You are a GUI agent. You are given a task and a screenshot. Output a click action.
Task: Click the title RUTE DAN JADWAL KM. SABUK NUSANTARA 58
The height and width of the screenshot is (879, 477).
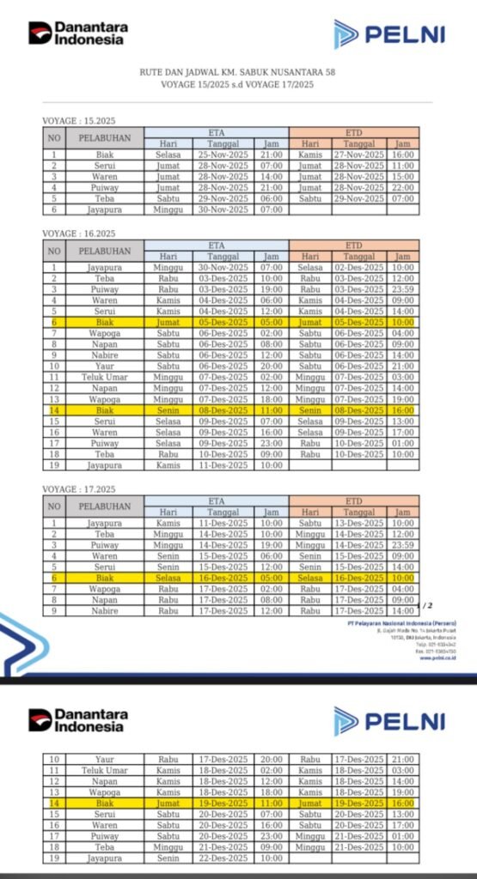click(238, 75)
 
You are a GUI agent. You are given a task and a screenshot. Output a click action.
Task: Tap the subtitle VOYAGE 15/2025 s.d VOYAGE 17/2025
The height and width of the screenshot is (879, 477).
click(238, 87)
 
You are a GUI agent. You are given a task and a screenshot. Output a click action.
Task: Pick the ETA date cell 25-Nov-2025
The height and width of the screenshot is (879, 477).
click(217, 155)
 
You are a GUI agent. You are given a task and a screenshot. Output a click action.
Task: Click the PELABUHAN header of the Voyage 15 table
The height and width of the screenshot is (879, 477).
click(105, 138)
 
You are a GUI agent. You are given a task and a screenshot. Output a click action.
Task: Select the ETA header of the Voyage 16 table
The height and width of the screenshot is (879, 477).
click(217, 245)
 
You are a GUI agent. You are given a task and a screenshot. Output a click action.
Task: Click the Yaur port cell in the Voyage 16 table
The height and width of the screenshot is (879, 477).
click(105, 365)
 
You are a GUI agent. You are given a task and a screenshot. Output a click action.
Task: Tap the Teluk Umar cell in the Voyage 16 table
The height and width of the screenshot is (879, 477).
click(105, 376)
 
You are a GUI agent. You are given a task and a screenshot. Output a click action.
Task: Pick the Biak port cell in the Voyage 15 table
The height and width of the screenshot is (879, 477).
click(105, 155)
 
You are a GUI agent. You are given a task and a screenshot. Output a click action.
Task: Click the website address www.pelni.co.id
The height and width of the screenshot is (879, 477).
click(437, 658)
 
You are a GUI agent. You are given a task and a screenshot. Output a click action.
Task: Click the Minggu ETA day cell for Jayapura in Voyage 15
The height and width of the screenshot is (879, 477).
click(168, 209)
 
